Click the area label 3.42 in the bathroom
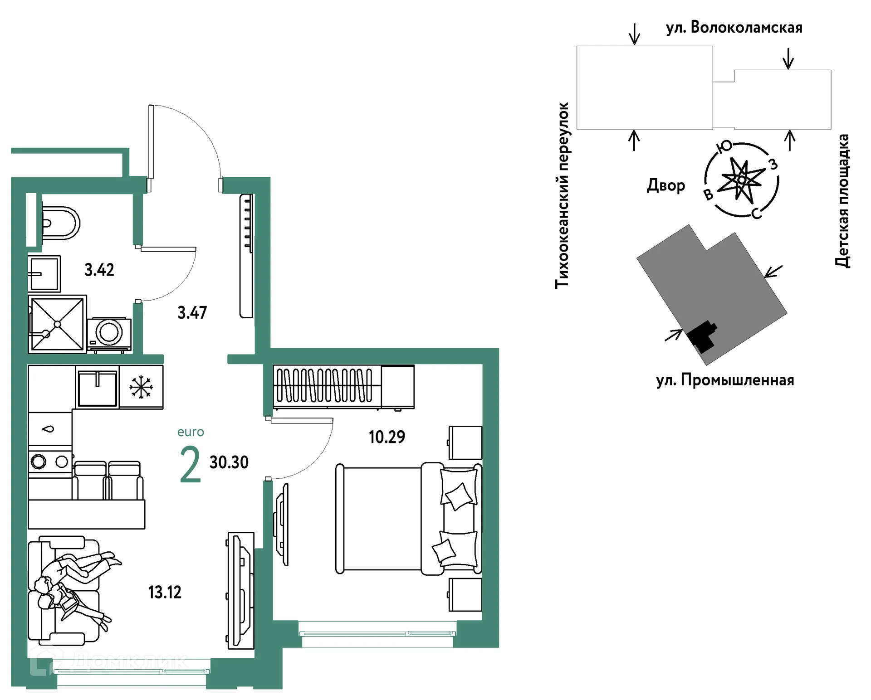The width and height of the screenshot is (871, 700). [99, 270]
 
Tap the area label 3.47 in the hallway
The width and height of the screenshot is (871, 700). [192, 312]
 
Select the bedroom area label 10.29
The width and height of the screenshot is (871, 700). [387, 437]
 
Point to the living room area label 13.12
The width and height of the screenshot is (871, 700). [165, 592]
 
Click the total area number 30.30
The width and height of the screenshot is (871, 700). [229, 462]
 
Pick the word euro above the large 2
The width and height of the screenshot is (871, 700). [191, 432]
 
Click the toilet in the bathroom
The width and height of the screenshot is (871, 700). [61, 223]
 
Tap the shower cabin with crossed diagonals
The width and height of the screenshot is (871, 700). [57, 324]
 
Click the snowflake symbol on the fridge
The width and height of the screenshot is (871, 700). [141, 387]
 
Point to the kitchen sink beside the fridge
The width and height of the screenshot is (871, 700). [97, 388]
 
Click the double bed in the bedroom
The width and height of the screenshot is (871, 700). [409, 519]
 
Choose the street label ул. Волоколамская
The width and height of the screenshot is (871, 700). [734, 28]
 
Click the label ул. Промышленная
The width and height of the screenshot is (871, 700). [725, 380]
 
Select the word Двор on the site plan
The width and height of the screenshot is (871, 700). [666, 185]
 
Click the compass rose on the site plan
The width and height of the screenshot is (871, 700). [741, 180]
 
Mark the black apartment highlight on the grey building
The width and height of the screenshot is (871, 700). [701, 336]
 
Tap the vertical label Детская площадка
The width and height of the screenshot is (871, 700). [842, 200]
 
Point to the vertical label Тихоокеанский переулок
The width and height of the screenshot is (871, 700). [562, 195]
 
